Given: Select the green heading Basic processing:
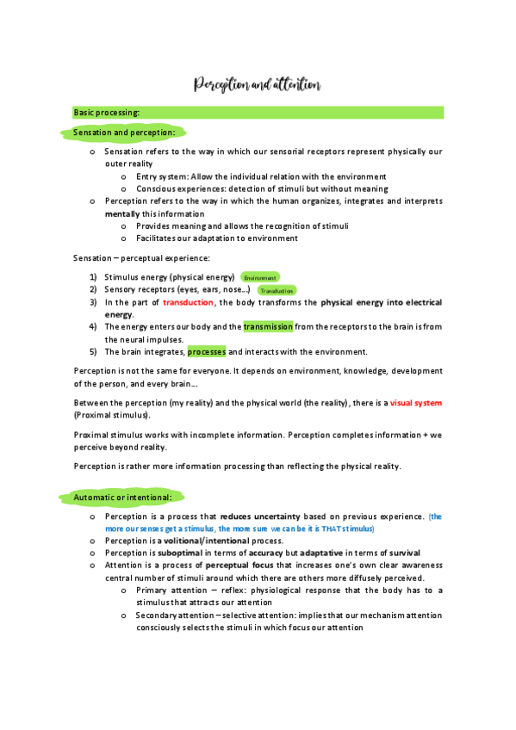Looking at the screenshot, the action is tap(107, 113).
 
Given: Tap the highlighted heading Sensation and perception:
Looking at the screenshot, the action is tap(124, 133).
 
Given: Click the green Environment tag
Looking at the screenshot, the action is tap(259, 278).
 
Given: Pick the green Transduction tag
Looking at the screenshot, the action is tap(277, 291).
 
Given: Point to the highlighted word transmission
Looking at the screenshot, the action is tap(269, 327).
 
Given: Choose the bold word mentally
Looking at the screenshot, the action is tap(121, 213).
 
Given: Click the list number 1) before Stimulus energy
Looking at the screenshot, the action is tap(92, 278).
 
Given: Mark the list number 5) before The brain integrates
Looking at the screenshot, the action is tap(92, 351).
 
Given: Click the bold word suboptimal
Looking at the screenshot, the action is tap(182, 553).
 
